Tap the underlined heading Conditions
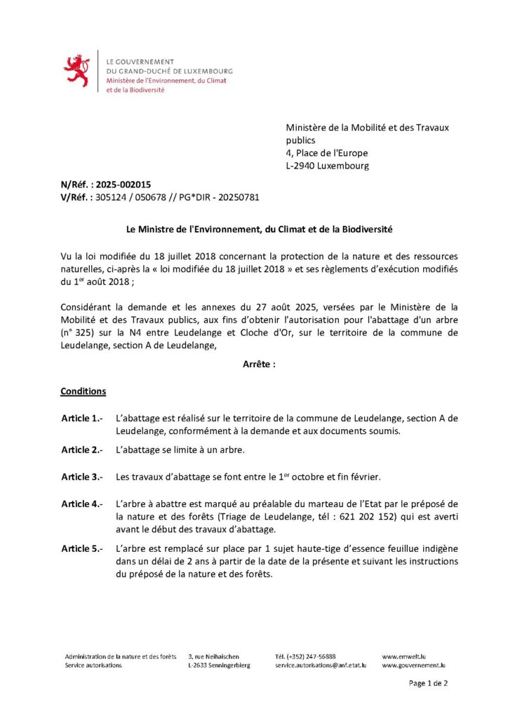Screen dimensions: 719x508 (83, 391)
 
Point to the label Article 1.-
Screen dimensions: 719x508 (82, 418)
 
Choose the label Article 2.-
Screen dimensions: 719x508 (82, 449)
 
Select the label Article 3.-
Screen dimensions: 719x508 (82, 477)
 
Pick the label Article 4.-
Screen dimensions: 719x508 (82, 504)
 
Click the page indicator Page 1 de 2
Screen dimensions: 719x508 (428, 682)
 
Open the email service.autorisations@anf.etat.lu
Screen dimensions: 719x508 (320, 665)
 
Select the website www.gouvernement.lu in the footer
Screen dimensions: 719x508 (414, 665)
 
